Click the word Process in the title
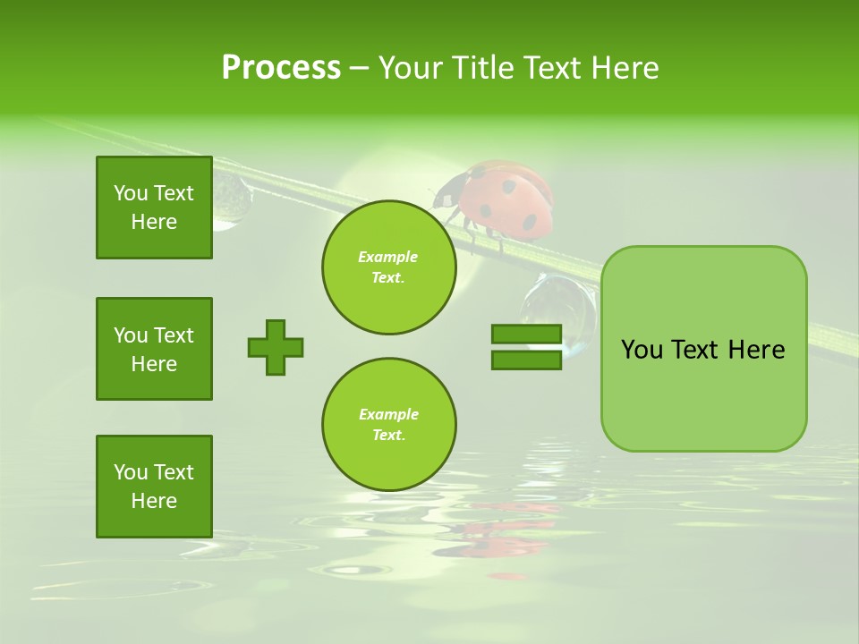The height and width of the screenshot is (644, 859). point(281,68)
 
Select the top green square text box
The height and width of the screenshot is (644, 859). point(154,208)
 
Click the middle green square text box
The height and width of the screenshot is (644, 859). point(154,349)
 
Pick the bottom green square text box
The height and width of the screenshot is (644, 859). point(154,486)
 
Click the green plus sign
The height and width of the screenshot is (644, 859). point(276,347)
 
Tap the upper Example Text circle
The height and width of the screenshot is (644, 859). point(389,267)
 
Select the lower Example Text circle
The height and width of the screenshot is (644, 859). point(389,424)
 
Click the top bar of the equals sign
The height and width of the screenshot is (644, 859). point(526,335)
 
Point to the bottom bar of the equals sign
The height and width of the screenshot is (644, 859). point(526,360)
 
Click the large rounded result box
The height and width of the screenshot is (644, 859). point(703,349)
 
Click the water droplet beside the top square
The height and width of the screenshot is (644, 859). point(231,200)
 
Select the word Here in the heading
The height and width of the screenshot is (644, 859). point(624,68)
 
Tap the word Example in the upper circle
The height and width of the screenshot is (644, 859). point(387,257)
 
